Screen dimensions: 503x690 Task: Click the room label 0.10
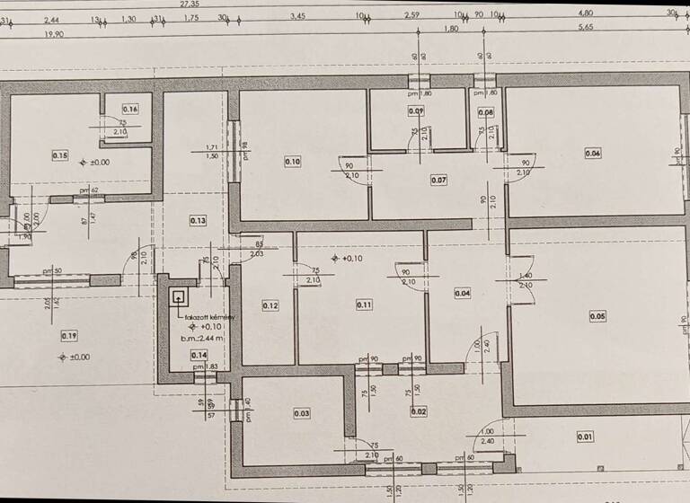[293, 162]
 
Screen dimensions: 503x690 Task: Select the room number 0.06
[593, 154]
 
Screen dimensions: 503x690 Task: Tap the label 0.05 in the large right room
[597, 315]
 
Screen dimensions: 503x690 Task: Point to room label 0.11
[364, 304]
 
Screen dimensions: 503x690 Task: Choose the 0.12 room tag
[270, 305]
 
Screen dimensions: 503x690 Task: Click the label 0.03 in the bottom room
[302, 413]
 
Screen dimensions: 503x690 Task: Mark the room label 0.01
[585, 437]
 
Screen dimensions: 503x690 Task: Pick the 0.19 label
[69, 336]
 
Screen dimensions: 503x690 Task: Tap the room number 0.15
[60, 155]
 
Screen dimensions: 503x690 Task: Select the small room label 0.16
[130, 110]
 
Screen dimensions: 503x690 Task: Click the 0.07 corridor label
[438, 181]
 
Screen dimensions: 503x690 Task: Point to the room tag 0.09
[416, 111]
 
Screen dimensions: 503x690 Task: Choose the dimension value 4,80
[587, 13]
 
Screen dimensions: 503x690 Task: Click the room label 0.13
[199, 220]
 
